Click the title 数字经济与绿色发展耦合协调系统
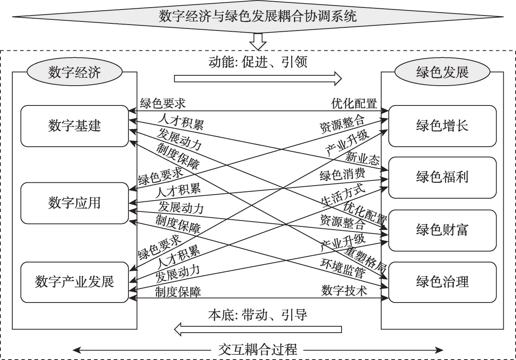tap(258, 16)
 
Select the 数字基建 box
tap(75, 126)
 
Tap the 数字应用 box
tap(75, 203)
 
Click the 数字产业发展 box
tap(75, 281)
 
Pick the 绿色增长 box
tap(442, 126)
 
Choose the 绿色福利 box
tap(442, 177)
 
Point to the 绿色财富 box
tap(442, 230)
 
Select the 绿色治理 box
tap(442, 282)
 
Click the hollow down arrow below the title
tap(258, 41)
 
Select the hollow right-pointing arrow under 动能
tap(258, 78)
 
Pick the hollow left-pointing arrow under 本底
tap(258, 329)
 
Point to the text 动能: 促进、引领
tap(258, 62)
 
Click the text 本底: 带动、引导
tap(258, 315)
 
